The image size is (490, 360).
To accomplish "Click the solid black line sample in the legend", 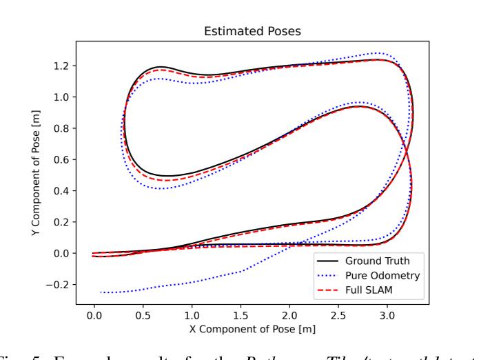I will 327,261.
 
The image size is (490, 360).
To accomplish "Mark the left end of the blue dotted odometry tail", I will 101,292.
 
